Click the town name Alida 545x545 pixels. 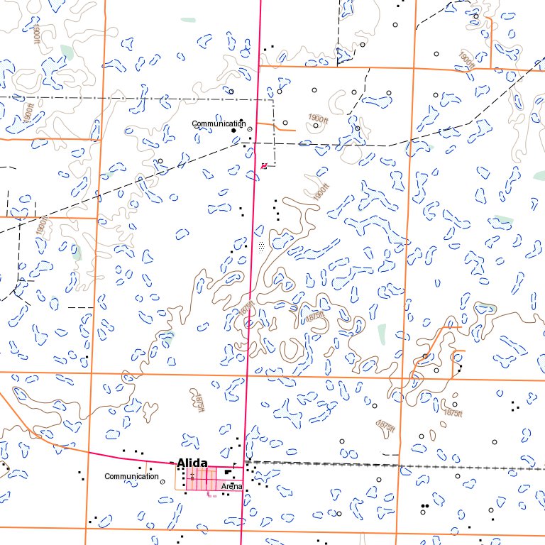[192, 463]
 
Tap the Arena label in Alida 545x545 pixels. [232, 486]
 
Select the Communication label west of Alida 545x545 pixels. [131, 476]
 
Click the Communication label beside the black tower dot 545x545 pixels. [219, 123]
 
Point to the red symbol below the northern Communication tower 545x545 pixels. [264, 166]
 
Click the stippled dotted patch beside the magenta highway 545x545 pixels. [262, 246]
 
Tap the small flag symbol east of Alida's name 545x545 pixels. [236, 465]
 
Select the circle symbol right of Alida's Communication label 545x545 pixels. [163, 481]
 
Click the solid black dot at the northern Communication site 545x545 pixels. [233, 131]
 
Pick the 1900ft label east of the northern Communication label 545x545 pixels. [319, 119]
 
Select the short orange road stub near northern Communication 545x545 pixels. [280, 128]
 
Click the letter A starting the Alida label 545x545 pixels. [180, 463]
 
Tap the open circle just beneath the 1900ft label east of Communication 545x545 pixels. [316, 126]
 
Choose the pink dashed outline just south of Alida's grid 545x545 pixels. [210, 495]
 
